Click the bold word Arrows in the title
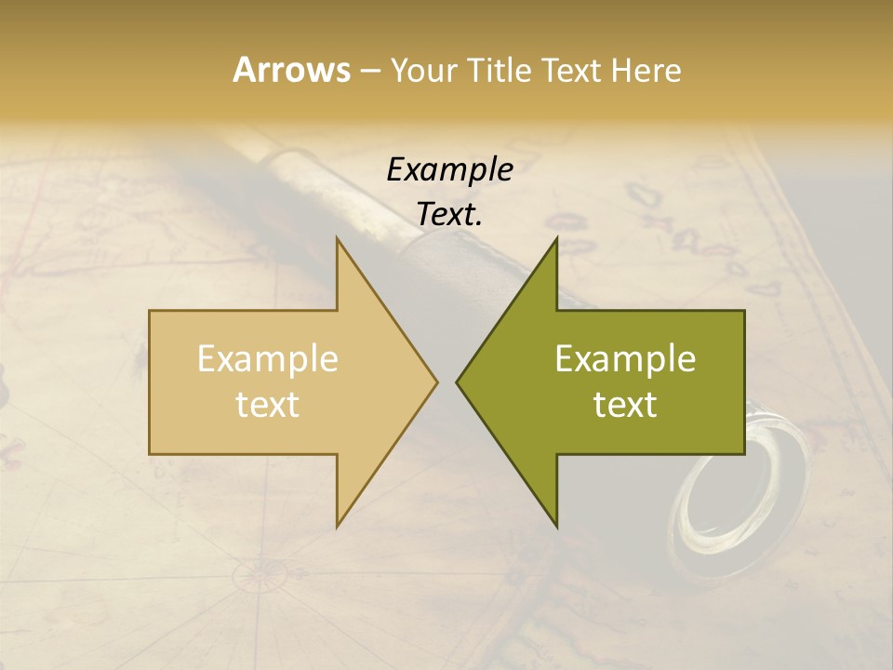[290, 70]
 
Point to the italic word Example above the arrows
[449, 169]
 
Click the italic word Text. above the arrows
[449, 214]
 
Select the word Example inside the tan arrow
[267, 358]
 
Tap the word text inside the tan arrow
[267, 404]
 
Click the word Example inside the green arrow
[625, 358]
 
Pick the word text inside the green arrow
[625, 404]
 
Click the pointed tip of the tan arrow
[435, 382]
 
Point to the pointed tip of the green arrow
[459, 382]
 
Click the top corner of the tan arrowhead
[338, 238]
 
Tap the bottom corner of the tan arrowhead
[338, 525]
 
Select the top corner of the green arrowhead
[556, 238]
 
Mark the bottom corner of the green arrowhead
[556, 525]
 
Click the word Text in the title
[570, 70]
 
